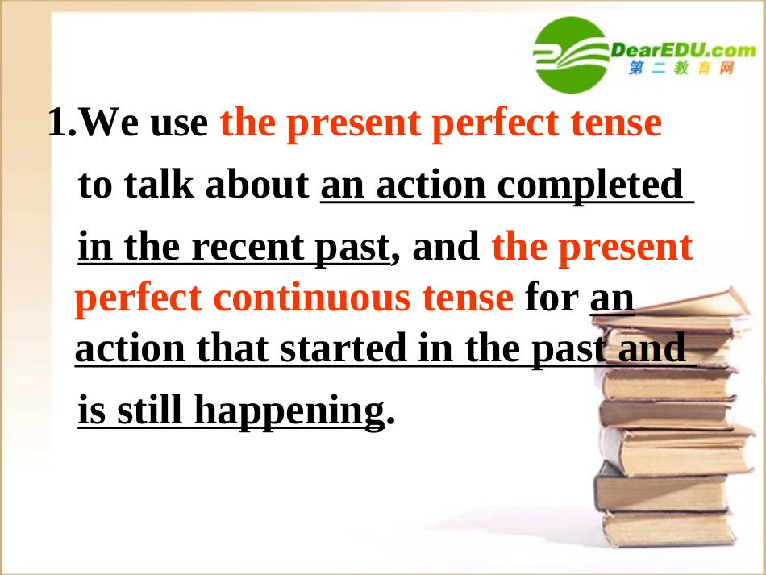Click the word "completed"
click(x=589, y=185)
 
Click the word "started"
click(x=344, y=348)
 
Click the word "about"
click(x=257, y=185)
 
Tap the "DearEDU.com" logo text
click(x=682, y=49)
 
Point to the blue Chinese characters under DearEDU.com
click(x=682, y=69)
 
